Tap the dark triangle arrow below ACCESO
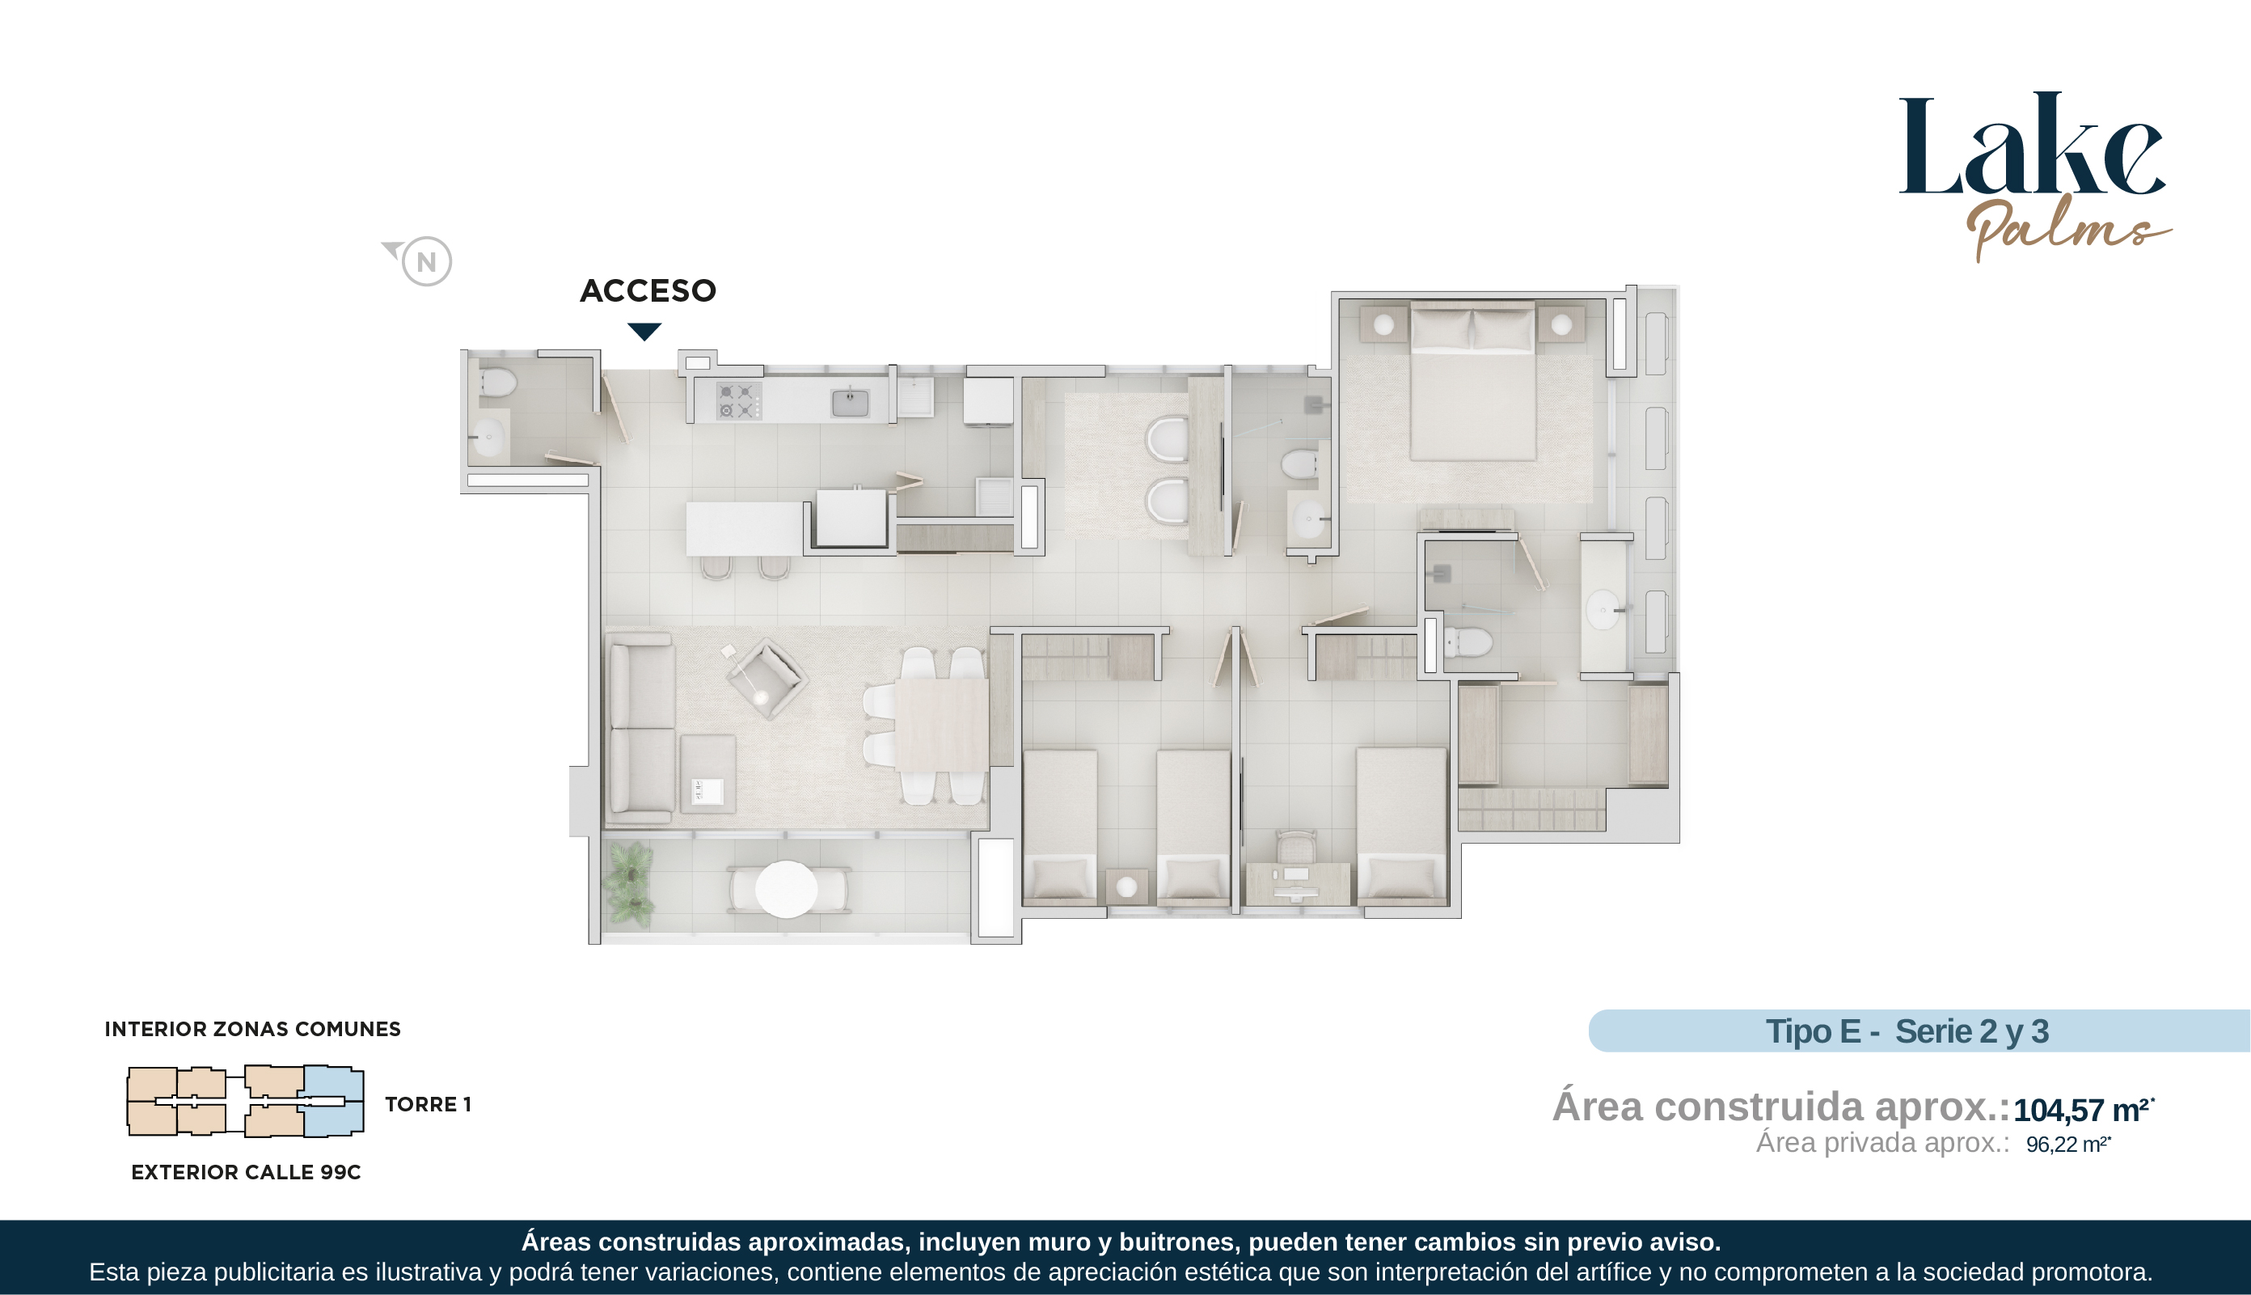click(x=644, y=332)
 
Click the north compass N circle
click(x=427, y=261)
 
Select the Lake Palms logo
click(x=2034, y=176)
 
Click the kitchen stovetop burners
click(x=739, y=401)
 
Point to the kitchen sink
click(x=850, y=403)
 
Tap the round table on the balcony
click(x=786, y=888)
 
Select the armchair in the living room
click(x=767, y=678)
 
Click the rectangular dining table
click(x=941, y=725)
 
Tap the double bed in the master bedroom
click(x=1472, y=381)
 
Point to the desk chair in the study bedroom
click(x=1296, y=848)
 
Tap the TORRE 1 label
click(x=428, y=1105)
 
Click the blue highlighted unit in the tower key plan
click(x=334, y=1101)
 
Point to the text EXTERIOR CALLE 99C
click(x=247, y=1172)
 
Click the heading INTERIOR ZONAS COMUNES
click(x=252, y=1029)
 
